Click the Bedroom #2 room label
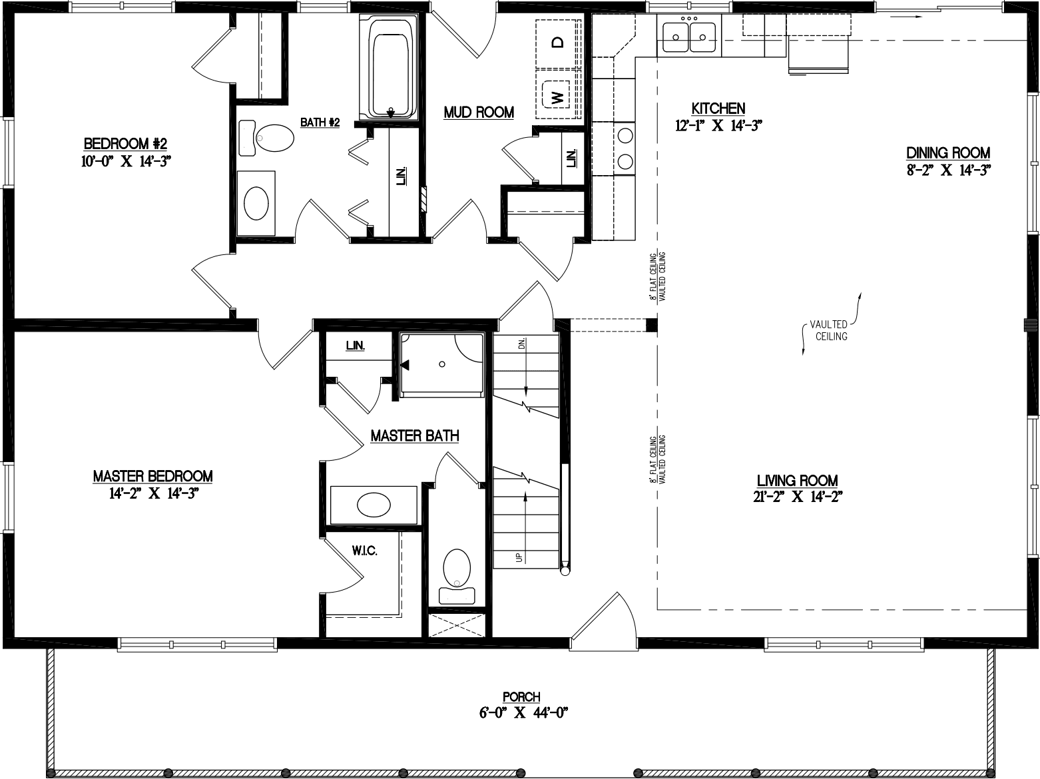[x=125, y=143]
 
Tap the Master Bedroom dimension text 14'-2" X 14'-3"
[x=152, y=493]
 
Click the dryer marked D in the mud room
[x=557, y=43]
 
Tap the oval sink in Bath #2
[x=256, y=202]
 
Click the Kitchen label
[x=718, y=109]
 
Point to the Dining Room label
[x=948, y=152]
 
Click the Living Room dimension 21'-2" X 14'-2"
[x=797, y=497]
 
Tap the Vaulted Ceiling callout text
[x=828, y=330]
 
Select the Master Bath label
[x=414, y=436]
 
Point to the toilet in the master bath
[x=456, y=571]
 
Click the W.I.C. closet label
[x=365, y=551]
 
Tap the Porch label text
[x=521, y=696]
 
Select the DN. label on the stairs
[x=521, y=344]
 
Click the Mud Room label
[x=479, y=113]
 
